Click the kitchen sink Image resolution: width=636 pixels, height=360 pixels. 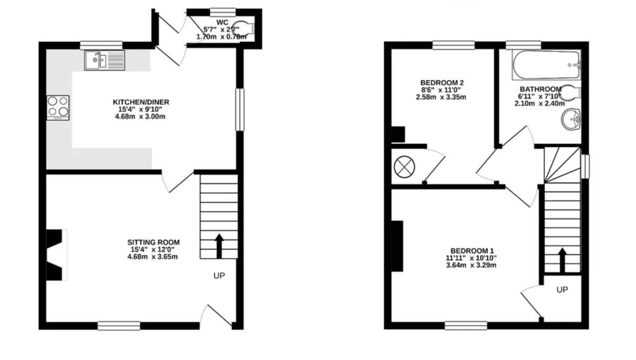(x=104, y=60)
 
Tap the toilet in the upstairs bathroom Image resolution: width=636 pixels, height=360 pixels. (x=569, y=93)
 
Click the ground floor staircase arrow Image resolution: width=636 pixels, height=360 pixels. (x=219, y=245)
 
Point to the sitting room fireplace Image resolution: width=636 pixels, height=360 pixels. (x=57, y=254)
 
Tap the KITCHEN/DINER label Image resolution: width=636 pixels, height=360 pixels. (x=141, y=102)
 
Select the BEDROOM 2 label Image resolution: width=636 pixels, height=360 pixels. (x=442, y=83)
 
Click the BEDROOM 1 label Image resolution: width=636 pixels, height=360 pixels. (x=472, y=251)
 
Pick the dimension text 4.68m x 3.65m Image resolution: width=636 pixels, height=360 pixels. (x=152, y=257)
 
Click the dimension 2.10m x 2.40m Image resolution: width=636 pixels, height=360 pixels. (x=540, y=103)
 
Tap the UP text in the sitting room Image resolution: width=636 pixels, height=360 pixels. (x=219, y=276)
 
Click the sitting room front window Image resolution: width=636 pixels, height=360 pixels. (x=119, y=325)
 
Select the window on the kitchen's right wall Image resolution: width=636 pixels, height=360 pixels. (x=240, y=109)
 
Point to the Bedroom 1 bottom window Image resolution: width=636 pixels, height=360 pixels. (x=466, y=325)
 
